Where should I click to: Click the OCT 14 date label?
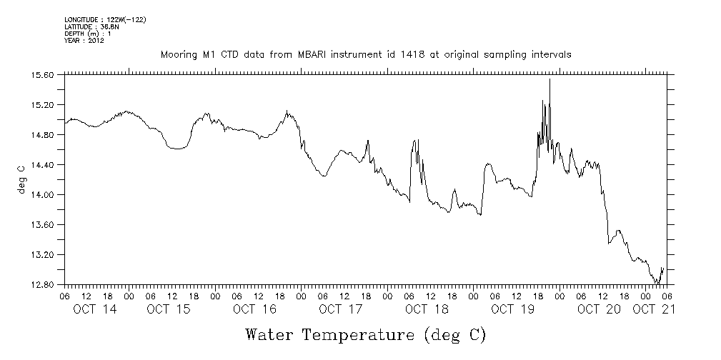click(94, 309)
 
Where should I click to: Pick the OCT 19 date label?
click(512, 309)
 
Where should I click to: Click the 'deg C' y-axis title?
click(21, 179)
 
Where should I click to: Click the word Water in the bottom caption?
click(270, 334)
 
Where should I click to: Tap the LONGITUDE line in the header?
click(105, 19)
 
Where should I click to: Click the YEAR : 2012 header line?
click(84, 41)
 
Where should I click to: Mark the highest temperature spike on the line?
click(550, 80)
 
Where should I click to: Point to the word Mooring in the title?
click(178, 54)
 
